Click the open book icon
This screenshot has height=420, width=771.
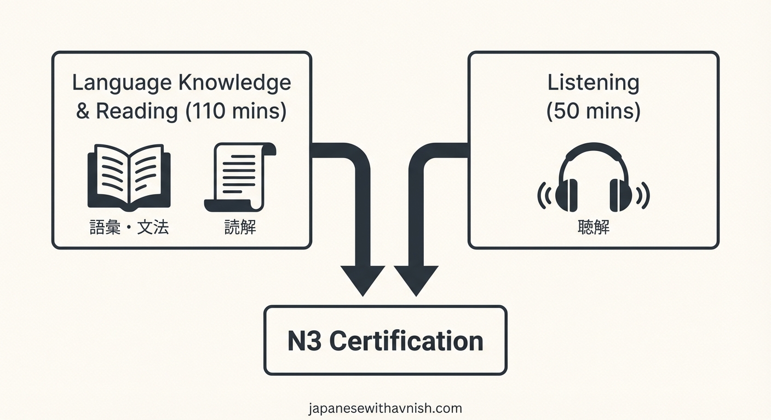129,177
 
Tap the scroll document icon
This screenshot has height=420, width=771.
239,177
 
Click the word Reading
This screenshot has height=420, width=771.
136,111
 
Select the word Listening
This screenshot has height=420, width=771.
593,83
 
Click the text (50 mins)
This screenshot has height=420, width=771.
593,111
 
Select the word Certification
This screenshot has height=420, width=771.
406,341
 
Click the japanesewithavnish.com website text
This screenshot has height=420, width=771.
385,408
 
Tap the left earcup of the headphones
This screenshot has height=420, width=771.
566,194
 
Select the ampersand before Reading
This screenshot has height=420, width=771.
82,112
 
